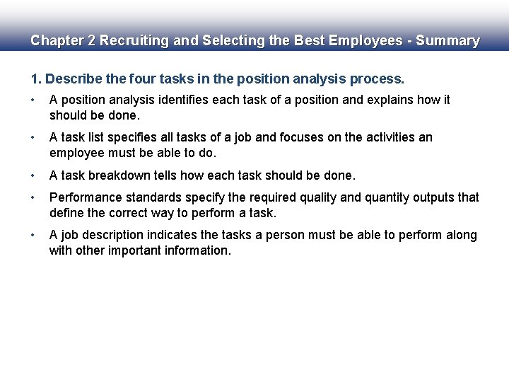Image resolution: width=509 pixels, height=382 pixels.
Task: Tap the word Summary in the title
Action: pyautogui.click(x=448, y=41)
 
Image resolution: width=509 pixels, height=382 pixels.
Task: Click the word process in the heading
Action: pyautogui.click(x=378, y=78)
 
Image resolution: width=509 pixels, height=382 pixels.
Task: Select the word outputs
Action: pyautogui.click(x=421, y=197)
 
